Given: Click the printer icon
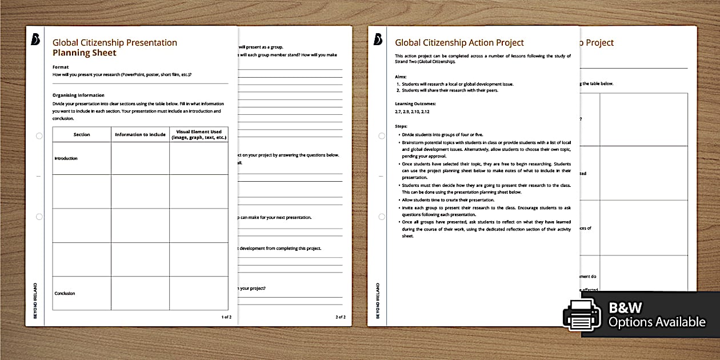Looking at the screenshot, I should [x=582, y=314].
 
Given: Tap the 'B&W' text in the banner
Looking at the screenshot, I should [x=627, y=307].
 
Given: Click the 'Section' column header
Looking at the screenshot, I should [x=82, y=135].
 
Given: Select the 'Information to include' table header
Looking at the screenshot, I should [x=140, y=135].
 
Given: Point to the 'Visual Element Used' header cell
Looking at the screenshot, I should [x=198, y=135].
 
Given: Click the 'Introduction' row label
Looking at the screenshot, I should [x=66, y=158].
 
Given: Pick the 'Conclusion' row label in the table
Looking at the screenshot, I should [x=65, y=293].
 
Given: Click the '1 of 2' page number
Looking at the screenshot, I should [x=226, y=317].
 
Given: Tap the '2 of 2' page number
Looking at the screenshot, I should [x=340, y=317].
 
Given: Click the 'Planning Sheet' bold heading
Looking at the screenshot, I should [x=84, y=53].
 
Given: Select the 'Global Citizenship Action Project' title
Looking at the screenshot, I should [x=459, y=42].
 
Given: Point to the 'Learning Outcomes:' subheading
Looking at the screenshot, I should [x=415, y=103].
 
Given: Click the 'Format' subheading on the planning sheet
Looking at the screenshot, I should [x=60, y=67].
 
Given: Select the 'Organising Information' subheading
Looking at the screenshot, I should [x=78, y=95].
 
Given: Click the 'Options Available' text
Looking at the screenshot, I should [x=657, y=322].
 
